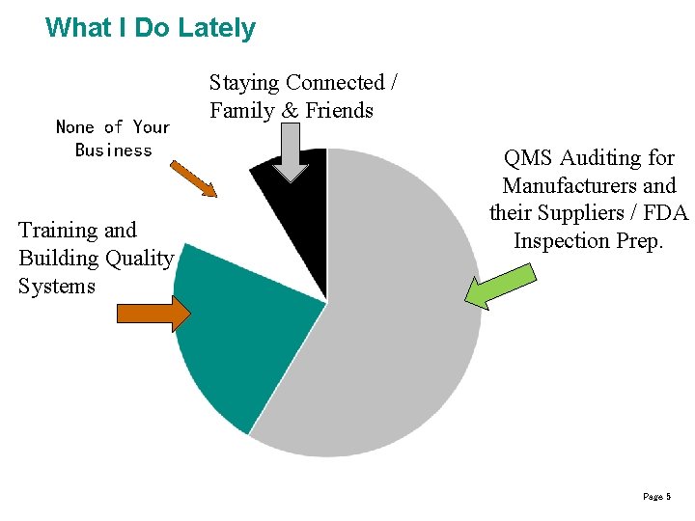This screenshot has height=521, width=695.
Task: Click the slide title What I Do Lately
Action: pyautogui.click(x=151, y=27)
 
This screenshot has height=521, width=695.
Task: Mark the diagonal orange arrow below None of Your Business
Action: pyautogui.click(x=193, y=179)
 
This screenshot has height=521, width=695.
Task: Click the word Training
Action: pyautogui.click(x=57, y=231)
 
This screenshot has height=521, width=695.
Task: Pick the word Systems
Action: pyautogui.click(x=56, y=287)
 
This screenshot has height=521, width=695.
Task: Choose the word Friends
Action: pyautogui.click(x=339, y=110)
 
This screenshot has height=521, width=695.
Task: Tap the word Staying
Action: pyautogui.click(x=244, y=83)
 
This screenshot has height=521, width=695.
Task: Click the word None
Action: pyautogui.click(x=75, y=127)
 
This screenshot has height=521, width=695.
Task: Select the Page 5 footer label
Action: pyautogui.click(x=655, y=496)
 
